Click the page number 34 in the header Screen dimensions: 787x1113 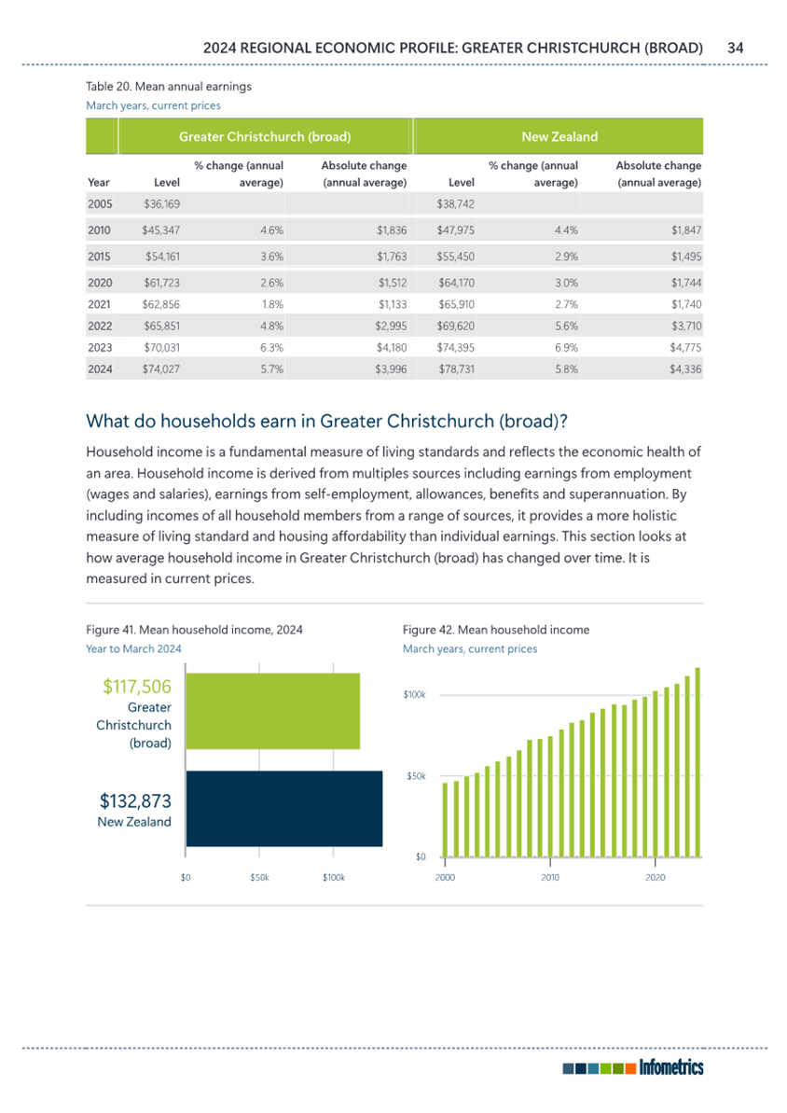735,48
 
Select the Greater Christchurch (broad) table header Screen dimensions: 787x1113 265,136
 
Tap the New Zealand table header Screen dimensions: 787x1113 559,136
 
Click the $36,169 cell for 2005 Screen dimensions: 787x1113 162,203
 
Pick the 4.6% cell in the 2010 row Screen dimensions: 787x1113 271,230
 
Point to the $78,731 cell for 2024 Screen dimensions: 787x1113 456,369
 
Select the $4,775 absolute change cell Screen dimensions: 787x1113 685,348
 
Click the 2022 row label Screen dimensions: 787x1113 100,326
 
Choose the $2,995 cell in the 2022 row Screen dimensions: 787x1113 391,326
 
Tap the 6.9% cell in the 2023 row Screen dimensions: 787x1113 566,348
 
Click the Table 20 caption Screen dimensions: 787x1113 169,87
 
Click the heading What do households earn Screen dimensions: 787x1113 326,421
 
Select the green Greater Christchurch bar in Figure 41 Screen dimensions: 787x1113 273,711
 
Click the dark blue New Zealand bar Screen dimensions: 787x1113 284,809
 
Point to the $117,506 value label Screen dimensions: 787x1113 137,687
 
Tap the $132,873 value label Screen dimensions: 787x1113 135,800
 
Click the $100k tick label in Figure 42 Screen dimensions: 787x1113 414,695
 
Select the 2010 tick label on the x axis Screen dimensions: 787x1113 550,877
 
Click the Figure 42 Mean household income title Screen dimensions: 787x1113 496,630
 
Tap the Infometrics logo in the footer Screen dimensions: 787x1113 633,1067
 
